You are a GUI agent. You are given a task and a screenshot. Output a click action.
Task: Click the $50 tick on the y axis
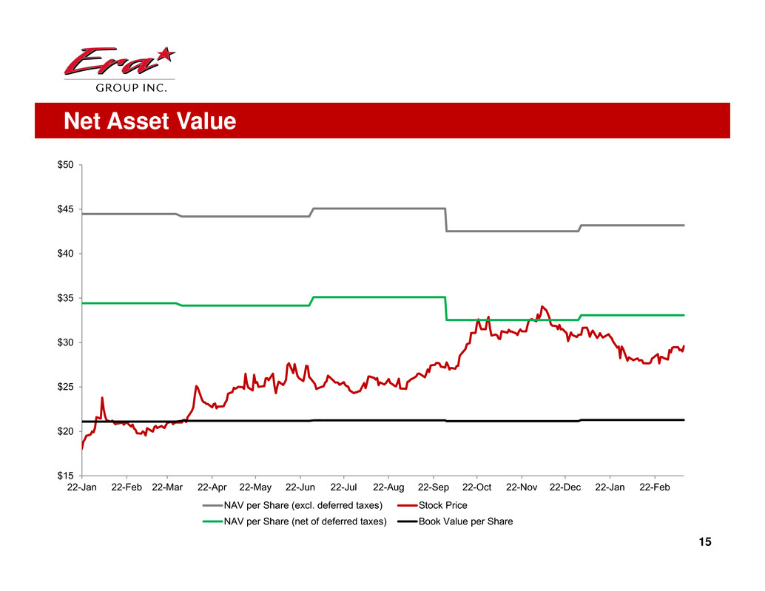pyautogui.click(x=65, y=165)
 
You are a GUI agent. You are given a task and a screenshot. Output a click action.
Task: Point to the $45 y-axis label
pyautogui.click(x=65, y=209)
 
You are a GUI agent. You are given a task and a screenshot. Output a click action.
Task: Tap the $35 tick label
pyautogui.click(x=65, y=298)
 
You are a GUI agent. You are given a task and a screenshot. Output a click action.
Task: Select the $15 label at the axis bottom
pyautogui.click(x=65, y=476)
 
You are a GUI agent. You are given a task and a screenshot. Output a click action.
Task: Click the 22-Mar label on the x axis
pyautogui.click(x=167, y=488)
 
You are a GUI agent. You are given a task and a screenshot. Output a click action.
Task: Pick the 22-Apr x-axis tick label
pyautogui.click(x=212, y=488)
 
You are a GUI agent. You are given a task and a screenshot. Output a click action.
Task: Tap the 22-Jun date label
pyautogui.click(x=300, y=488)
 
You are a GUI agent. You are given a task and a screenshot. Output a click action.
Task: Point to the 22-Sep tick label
pyautogui.click(x=433, y=488)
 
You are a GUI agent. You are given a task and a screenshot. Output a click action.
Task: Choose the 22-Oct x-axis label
pyautogui.click(x=476, y=488)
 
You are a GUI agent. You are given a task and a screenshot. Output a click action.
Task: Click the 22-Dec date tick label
pyautogui.click(x=565, y=488)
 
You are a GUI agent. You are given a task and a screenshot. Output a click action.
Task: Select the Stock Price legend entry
pyautogui.click(x=442, y=506)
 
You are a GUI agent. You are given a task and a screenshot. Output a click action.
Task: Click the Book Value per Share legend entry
pyautogui.click(x=465, y=521)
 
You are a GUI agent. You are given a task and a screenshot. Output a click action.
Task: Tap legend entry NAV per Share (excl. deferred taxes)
pyautogui.click(x=303, y=506)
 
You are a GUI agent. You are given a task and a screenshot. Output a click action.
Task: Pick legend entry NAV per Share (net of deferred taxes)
pyautogui.click(x=305, y=521)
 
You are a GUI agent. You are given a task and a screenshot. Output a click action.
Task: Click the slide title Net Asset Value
pyautogui.click(x=149, y=121)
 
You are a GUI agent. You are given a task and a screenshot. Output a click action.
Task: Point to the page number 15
pyautogui.click(x=704, y=543)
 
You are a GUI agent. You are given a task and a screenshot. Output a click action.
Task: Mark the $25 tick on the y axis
pyautogui.click(x=65, y=387)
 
